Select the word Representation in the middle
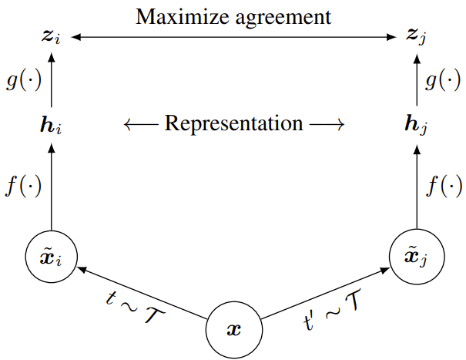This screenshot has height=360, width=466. click(x=233, y=123)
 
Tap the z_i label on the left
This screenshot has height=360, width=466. click(x=51, y=36)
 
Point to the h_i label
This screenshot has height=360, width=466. click(x=52, y=124)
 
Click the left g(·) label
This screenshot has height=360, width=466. click(x=23, y=79)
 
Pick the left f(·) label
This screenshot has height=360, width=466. click(x=23, y=186)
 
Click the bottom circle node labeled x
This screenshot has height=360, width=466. click(x=233, y=329)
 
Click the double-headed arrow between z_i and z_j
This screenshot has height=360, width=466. click(x=233, y=35)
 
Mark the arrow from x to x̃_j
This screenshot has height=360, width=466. click(x=324, y=292)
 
